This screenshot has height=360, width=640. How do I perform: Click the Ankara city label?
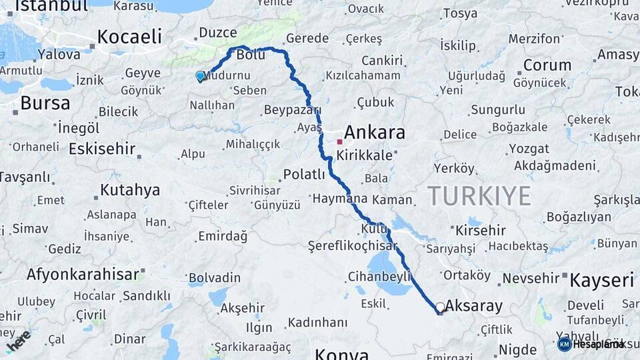pos(375,132)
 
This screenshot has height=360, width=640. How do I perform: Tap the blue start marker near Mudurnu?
pos(200,77)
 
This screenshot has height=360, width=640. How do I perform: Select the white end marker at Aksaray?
pos(440,307)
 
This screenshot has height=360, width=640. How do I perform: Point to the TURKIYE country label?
pos(479,196)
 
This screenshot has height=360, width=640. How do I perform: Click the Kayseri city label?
pos(603,279)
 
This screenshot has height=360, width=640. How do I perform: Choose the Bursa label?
pos(45,103)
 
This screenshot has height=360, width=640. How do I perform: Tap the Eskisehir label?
pos(102,148)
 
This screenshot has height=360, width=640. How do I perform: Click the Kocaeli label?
pos(129,36)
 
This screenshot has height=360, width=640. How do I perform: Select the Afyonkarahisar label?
pos(83,273)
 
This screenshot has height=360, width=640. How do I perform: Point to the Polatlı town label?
pos(304,175)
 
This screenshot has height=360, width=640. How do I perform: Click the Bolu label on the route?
pos(251,55)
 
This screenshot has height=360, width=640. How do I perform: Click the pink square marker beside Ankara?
pos(340,141)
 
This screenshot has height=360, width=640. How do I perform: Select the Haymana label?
pos(339,199)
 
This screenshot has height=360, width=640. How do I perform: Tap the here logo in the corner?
pos(19,340)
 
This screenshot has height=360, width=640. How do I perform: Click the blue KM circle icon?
pos(564,344)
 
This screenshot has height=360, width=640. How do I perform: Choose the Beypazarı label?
pos(292,109)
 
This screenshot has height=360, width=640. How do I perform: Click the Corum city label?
pos(547,65)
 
